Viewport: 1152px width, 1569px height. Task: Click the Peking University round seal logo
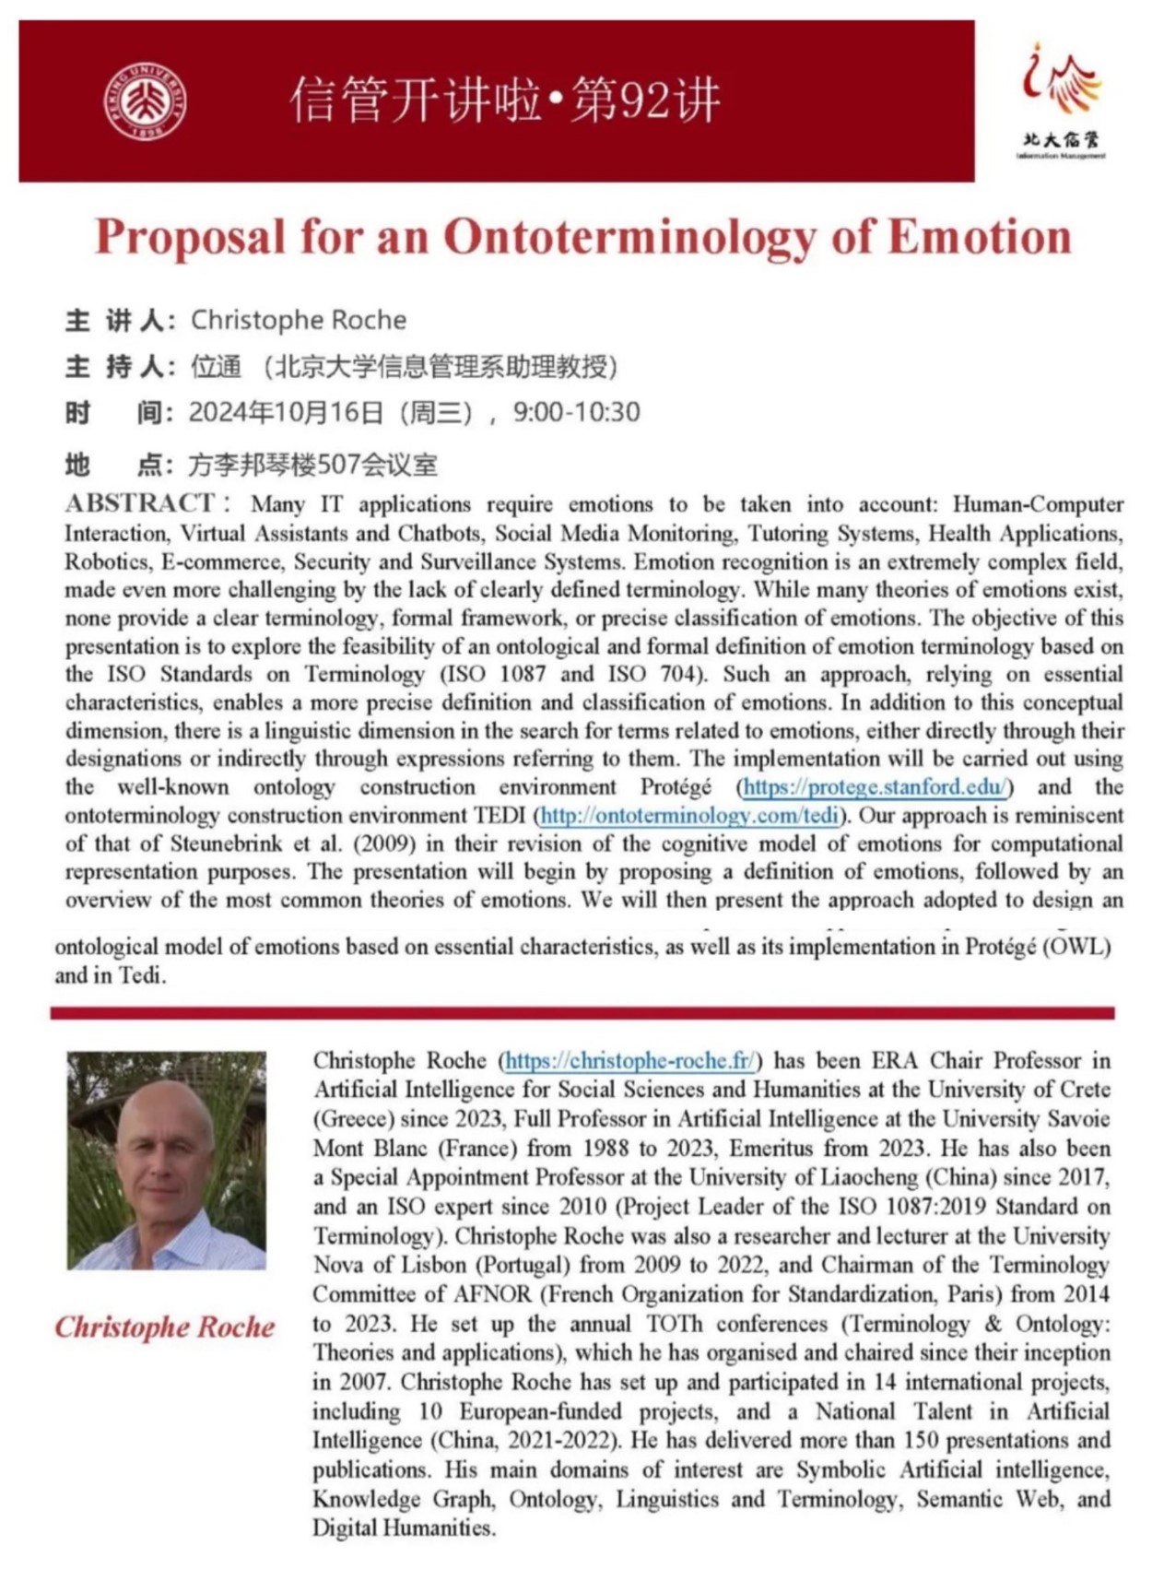click(x=145, y=101)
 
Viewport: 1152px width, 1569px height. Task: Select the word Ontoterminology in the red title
click(x=631, y=236)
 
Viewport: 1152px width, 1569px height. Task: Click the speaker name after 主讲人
click(x=298, y=320)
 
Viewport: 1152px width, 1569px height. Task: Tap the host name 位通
click(x=216, y=366)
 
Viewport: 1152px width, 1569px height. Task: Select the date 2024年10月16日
click(x=286, y=412)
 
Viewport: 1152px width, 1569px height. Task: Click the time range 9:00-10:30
click(x=576, y=412)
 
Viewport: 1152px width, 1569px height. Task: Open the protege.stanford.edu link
click(x=875, y=787)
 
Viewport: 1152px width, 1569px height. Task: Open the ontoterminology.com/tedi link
click(x=689, y=816)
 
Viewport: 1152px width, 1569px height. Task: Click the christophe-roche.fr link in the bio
click(x=630, y=1061)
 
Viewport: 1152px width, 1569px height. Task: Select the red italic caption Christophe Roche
click(x=165, y=1327)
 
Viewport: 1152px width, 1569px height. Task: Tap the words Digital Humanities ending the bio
click(x=403, y=1528)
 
